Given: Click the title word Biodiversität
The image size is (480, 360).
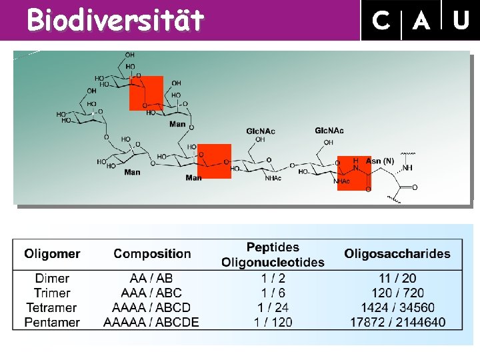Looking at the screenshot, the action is click(115, 21).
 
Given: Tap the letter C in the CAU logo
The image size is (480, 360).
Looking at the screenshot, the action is click(381, 21).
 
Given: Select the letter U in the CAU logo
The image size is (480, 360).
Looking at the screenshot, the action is click(461, 21).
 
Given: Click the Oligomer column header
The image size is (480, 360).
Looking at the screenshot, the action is click(52, 253).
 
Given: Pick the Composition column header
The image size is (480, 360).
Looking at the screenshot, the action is click(152, 253).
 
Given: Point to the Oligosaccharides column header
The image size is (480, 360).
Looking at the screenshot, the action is click(397, 253).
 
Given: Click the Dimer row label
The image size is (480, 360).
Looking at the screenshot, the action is click(52, 278).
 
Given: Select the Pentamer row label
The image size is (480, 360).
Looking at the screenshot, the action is click(52, 322).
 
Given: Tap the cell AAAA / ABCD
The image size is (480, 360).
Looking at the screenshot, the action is click(151, 307).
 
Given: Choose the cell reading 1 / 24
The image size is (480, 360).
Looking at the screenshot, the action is click(273, 307).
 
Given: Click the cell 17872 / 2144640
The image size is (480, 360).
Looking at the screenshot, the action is click(398, 322).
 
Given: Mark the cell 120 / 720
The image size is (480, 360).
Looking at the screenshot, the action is click(398, 293).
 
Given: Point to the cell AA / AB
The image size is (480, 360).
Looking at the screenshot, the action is click(151, 278).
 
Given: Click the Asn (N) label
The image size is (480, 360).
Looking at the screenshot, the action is click(380, 161).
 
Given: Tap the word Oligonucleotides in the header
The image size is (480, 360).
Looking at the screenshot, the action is click(273, 262).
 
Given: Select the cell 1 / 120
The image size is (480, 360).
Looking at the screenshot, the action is click(273, 322).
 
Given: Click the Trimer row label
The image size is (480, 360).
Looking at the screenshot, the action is click(52, 293).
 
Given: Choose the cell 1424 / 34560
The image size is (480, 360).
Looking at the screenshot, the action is click(398, 307).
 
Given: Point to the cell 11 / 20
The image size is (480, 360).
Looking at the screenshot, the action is click(398, 278).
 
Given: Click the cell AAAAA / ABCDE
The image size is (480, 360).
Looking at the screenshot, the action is click(151, 322).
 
